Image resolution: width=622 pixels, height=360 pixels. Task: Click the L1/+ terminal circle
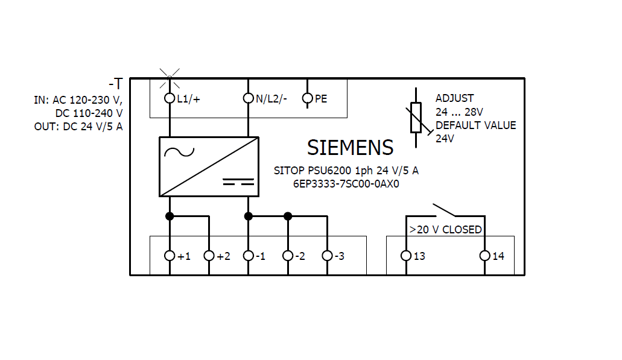tap(170, 98)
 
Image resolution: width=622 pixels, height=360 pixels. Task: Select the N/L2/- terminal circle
tap(248, 98)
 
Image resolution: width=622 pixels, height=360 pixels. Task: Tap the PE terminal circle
tap(307, 98)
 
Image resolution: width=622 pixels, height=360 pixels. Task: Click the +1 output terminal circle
tap(170, 256)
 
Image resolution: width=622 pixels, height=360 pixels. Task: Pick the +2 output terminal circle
tap(209, 256)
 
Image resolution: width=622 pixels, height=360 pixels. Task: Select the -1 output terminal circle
tap(248, 256)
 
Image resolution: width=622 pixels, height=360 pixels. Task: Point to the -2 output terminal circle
tap(288, 256)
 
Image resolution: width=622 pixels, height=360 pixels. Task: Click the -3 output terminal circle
tap(327, 256)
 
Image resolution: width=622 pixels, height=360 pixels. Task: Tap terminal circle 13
tap(406, 256)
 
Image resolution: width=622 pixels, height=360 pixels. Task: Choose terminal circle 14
tap(484, 256)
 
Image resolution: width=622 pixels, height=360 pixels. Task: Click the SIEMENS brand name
tap(350, 148)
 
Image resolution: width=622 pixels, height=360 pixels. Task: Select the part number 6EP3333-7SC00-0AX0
tap(346, 184)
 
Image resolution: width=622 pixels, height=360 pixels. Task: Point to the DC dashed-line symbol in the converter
tap(237, 181)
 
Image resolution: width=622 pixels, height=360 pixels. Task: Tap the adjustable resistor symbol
tap(416, 118)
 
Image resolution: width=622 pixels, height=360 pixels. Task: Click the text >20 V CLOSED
tap(445, 230)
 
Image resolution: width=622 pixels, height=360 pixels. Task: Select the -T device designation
tap(115, 84)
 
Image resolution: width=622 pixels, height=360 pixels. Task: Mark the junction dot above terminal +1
tap(170, 216)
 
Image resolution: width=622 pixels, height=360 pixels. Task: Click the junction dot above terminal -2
tap(288, 216)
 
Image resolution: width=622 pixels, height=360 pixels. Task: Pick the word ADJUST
tap(454, 98)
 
